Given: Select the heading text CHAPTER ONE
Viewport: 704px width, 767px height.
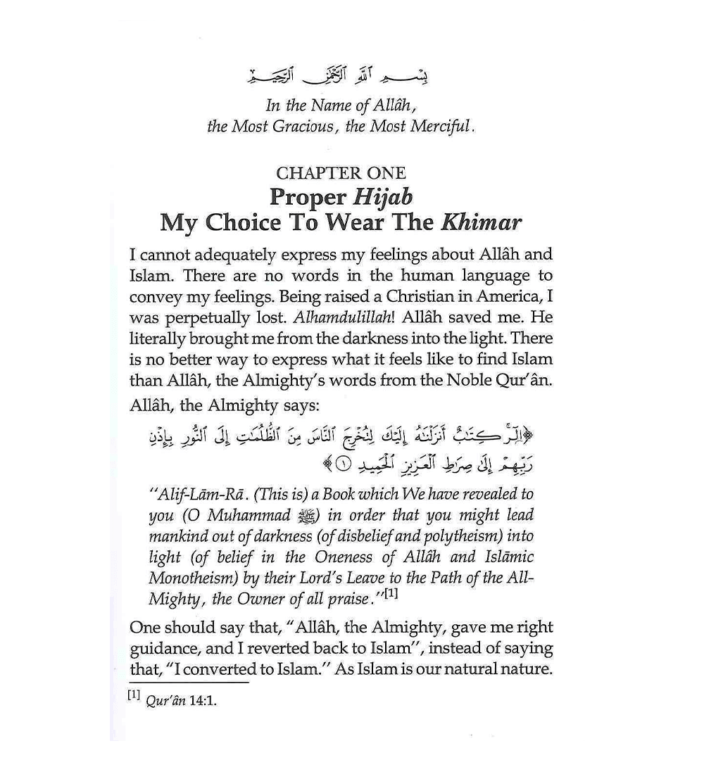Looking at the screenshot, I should (x=341, y=173).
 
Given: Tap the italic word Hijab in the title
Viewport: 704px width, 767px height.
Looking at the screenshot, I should (x=384, y=197).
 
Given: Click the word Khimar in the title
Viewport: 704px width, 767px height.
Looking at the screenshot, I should (x=481, y=222).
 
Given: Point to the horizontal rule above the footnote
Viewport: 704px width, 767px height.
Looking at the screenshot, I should (x=189, y=682).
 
